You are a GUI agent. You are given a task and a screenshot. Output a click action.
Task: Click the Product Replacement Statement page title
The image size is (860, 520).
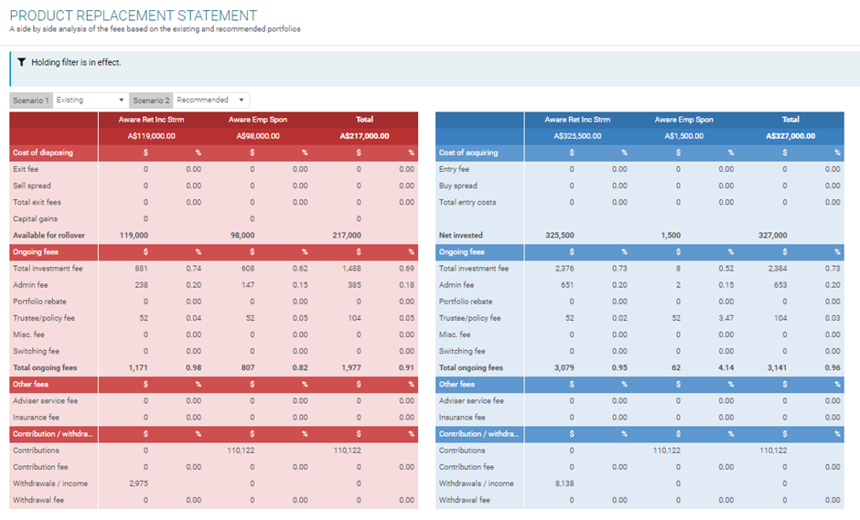pyautogui.click(x=133, y=16)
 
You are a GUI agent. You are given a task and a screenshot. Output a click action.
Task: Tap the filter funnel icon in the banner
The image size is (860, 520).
pyautogui.click(x=21, y=62)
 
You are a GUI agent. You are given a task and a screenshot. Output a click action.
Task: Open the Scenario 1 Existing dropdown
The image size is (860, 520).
pyautogui.click(x=91, y=101)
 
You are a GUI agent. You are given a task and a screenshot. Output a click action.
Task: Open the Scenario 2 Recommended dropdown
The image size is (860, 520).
pyautogui.click(x=211, y=101)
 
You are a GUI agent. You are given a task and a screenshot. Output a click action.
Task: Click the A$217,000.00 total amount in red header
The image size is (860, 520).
pyautogui.click(x=364, y=136)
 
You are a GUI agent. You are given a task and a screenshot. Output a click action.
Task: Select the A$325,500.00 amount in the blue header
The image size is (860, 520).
pyautogui.click(x=577, y=136)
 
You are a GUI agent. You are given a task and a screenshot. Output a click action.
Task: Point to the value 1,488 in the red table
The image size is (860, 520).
pyautogui.click(x=349, y=269)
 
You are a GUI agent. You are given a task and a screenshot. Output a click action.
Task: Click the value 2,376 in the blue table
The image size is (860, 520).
pyautogui.click(x=564, y=269)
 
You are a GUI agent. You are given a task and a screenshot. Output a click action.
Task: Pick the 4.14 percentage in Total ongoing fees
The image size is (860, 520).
pyautogui.click(x=726, y=368)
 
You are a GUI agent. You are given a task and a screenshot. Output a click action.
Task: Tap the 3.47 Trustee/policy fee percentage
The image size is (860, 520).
pyautogui.click(x=726, y=318)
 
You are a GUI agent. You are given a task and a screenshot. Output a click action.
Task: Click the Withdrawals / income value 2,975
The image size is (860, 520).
pyautogui.click(x=138, y=483)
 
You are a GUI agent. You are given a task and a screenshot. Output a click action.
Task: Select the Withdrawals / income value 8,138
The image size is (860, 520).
pyautogui.click(x=564, y=483)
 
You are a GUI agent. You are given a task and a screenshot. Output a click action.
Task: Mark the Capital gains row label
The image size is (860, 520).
pyautogui.click(x=35, y=219)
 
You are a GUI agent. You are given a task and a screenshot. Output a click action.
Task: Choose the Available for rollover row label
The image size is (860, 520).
pyautogui.click(x=48, y=236)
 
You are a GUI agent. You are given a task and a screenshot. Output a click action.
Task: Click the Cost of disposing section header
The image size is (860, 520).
pyautogui.click(x=42, y=153)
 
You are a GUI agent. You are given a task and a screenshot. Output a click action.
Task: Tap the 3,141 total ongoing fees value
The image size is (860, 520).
pyautogui.click(x=775, y=368)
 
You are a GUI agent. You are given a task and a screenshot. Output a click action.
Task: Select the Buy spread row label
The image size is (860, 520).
pyautogui.click(x=458, y=186)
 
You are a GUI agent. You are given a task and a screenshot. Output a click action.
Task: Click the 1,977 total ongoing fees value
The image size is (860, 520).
pyautogui.click(x=349, y=368)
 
